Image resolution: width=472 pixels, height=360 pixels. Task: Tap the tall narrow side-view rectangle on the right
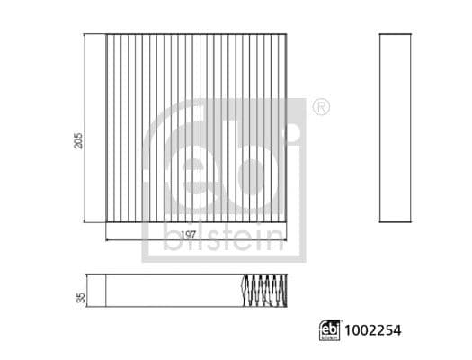(x=396, y=129)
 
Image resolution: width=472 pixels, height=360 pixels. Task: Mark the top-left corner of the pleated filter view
(x=106, y=35)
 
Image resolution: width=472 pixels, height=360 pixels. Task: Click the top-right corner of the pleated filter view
(x=290, y=35)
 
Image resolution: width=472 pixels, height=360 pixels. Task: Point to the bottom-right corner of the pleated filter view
(x=290, y=222)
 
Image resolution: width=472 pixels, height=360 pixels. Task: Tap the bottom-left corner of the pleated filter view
(x=106, y=222)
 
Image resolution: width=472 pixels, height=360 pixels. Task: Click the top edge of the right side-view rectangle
(x=396, y=35)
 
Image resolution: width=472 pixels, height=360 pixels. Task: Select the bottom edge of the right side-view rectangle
(x=396, y=222)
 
